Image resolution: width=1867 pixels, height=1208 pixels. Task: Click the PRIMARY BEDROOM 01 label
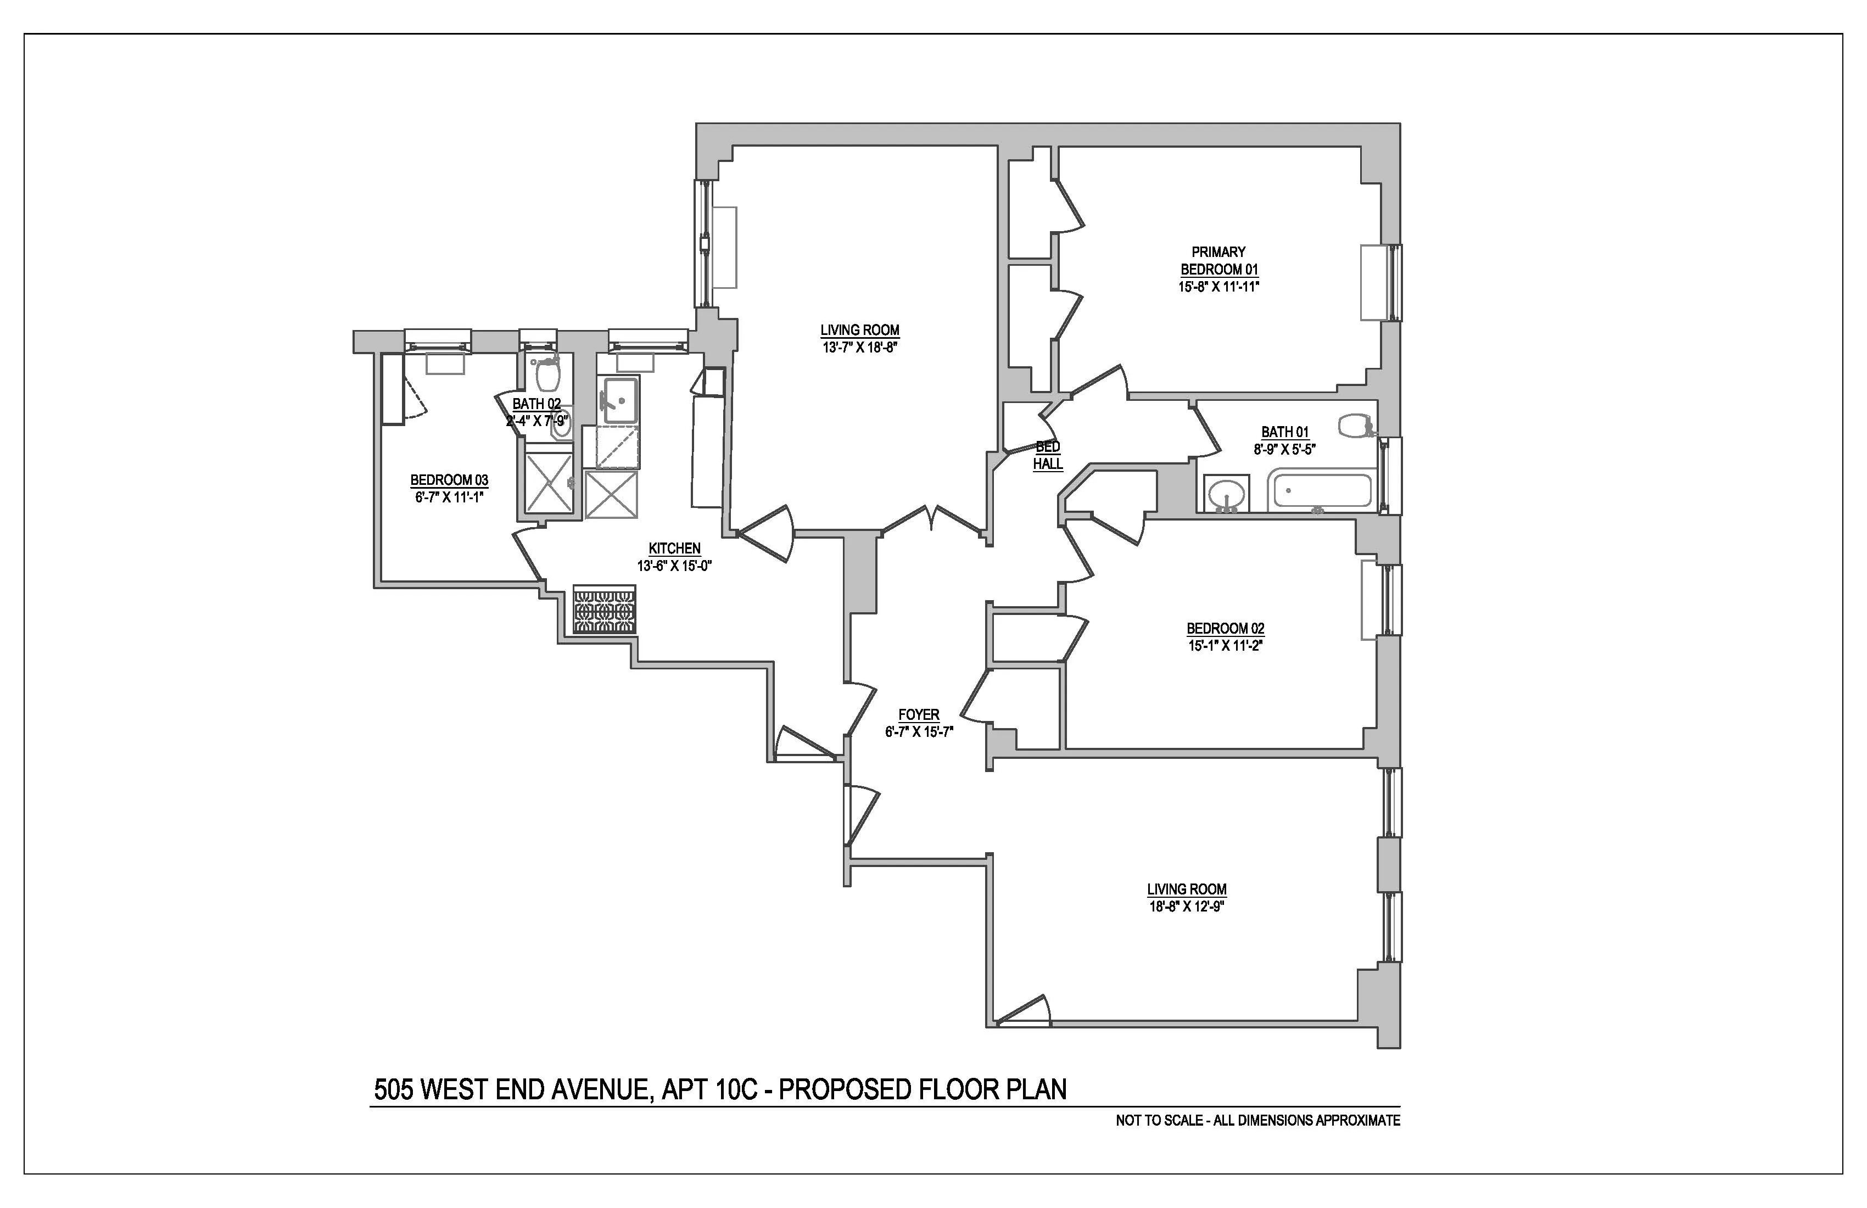point(1218,260)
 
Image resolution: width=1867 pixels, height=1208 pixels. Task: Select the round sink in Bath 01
point(1225,495)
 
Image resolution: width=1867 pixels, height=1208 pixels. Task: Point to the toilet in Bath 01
point(1355,426)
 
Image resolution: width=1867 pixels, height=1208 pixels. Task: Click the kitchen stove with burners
point(604,609)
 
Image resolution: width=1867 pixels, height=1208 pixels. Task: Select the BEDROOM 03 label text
point(450,480)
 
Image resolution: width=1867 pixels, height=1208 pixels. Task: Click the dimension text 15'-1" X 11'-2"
point(1225,646)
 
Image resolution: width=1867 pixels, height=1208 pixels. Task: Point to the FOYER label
point(919,714)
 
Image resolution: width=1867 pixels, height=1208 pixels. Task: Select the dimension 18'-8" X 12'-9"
point(1186,906)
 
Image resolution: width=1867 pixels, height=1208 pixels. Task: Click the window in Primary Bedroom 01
point(1394,282)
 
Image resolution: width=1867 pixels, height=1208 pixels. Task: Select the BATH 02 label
point(536,404)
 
